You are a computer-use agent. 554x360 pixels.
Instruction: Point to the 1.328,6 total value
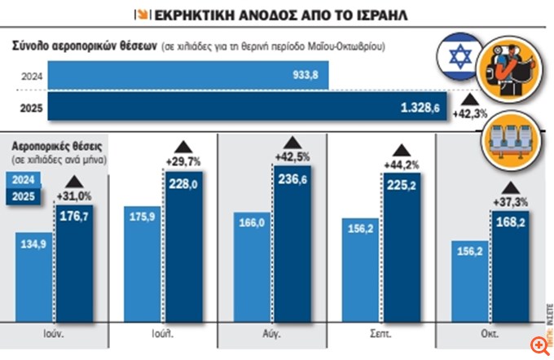420,107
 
